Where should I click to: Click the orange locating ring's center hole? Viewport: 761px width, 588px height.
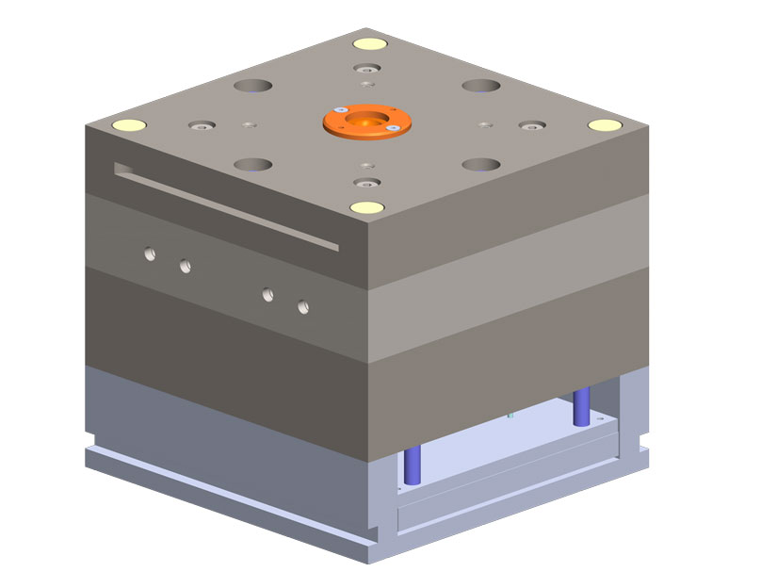point(364,122)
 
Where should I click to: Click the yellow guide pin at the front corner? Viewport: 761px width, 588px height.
point(364,206)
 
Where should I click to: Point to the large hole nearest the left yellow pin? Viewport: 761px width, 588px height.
point(252,164)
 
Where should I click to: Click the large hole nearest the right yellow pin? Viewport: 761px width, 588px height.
point(480,164)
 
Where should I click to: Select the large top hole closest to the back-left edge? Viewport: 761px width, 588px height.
point(252,86)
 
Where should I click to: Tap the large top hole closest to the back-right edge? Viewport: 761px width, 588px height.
point(480,86)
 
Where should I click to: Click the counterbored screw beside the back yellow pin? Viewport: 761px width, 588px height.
point(365,69)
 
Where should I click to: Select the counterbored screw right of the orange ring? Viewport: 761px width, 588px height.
point(531,124)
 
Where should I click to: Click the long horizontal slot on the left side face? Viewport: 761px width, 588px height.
point(226,207)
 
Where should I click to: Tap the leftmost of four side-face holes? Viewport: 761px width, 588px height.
point(148,253)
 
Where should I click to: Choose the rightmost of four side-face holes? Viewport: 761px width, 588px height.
point(303,306)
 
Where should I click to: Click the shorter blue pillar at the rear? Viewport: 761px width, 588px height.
point(581,404)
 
